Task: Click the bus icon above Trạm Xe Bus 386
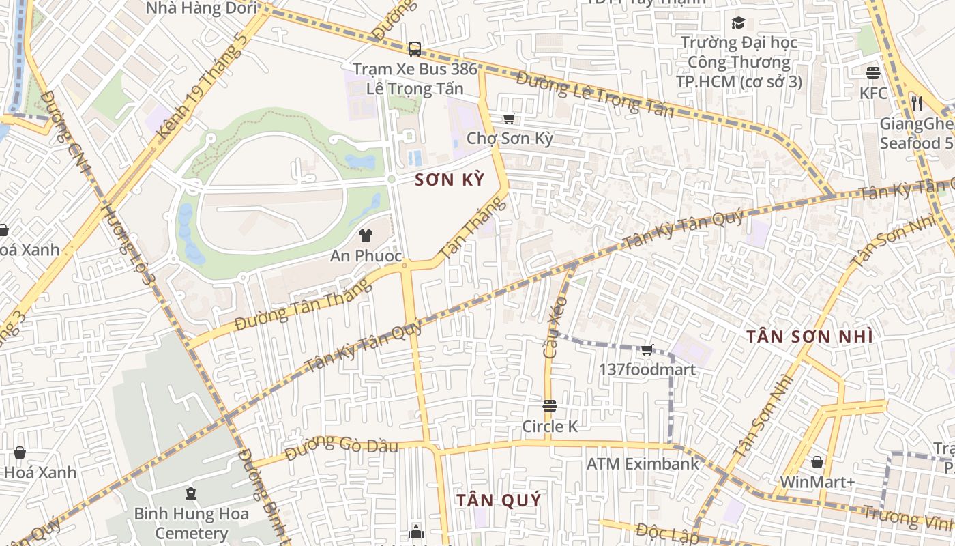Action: (x=414, y=49)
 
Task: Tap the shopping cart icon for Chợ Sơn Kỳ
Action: (x=509, y=119)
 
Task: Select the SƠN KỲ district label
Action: (x=450, y=180)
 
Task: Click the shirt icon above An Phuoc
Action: (x=366, y=236)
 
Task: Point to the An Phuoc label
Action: (x=366, y=256)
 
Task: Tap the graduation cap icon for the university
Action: (x=738, y=23)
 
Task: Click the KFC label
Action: (x=873, y=93)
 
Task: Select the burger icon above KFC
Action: (x=873, y=72)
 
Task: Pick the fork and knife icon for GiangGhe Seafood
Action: (x=917, y=104)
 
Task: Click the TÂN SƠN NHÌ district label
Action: (x=809, y=336)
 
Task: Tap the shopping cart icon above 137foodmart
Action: (x=647, y=350)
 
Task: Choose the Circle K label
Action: (x=550, y=427)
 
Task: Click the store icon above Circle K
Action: (x=550, y=407)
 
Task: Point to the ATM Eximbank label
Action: (x=643, y=464)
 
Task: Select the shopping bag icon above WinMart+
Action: (x=817, y=462)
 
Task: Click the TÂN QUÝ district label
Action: (x=499, y=500)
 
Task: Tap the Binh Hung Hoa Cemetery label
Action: (x=191, y=523)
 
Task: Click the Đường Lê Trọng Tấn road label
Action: (x=594, y=94)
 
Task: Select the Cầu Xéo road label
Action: (x=555, y=328)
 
